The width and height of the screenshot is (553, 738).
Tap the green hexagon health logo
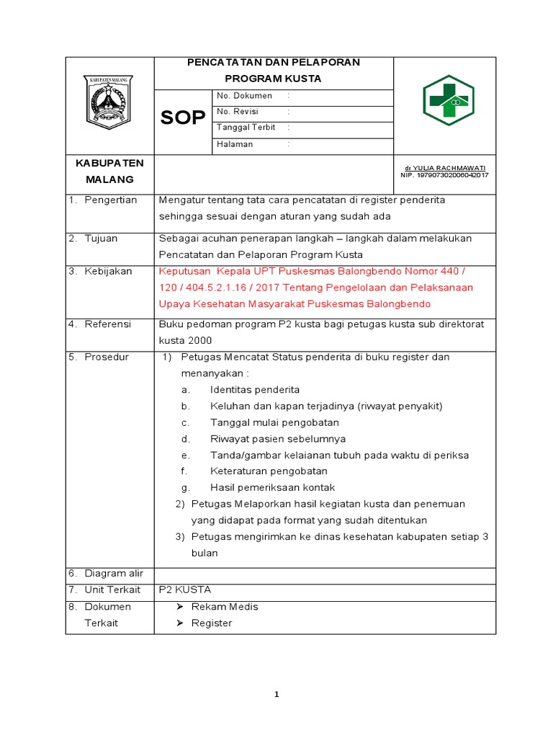tap(448, 100)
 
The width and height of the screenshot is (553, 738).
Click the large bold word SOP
tap(183, 118)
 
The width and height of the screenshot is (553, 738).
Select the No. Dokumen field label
tap(244, 96)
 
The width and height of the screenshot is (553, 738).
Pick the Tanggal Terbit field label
tap(246, 128)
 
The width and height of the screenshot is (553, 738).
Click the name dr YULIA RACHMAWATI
tap(444, 167)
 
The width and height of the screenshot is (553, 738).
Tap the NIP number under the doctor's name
tap(444, 175)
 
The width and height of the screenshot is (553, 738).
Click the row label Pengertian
tap(110, 200)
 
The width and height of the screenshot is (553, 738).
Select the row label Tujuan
tap(101, 238)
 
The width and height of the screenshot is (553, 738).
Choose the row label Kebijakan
tap(108, 271)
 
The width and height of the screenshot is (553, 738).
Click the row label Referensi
tap(107, 324)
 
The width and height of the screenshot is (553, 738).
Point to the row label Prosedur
tap(107, 357)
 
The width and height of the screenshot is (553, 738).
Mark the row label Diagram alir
tap(114, 574)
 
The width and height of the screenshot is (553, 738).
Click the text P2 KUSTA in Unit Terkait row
tap(185, 590)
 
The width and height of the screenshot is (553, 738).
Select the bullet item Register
tap(212, 623)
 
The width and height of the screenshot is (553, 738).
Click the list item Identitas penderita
tap(255, 390)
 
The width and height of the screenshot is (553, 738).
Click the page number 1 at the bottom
tap(276, 695)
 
